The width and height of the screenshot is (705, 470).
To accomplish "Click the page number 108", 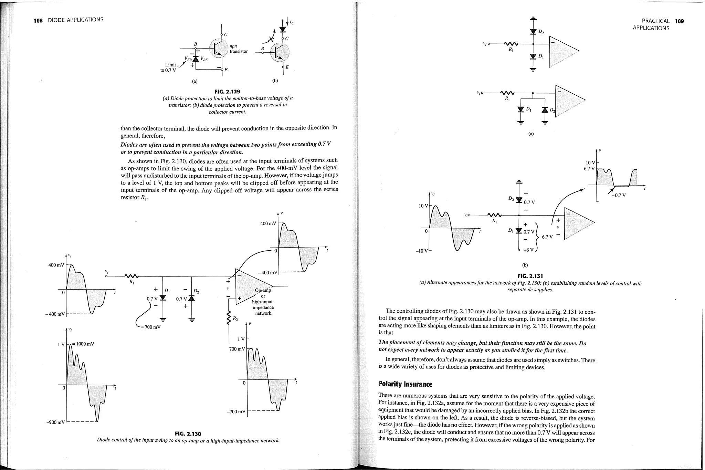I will click(x=38, y=20).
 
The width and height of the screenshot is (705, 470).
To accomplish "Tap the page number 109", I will click(x=679, y=21).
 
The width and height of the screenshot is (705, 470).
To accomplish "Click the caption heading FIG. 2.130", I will click(x=188, y=434).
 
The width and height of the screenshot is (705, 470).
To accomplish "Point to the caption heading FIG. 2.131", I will click(x=530, y=276).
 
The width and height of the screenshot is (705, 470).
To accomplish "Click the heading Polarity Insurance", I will click(x=405, y=384).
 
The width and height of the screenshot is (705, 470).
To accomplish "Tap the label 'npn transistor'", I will click(x=238, y=49).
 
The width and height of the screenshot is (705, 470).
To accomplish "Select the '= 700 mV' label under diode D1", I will click(x=150, y=327).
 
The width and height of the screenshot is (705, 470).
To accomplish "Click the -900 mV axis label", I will click(x=55, y=422).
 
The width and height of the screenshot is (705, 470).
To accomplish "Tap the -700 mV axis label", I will click(x=236, y=411).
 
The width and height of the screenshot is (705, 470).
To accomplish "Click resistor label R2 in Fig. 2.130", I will click(x=235, y=318).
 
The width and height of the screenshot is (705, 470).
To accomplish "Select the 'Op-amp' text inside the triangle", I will click(x=263, y=290).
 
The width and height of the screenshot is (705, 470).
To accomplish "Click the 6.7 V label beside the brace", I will click(x=547, y=237).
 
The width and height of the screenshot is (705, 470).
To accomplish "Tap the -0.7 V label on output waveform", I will click(x=619, y=195).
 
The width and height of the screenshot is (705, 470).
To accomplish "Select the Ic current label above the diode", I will click(x=292, y=22).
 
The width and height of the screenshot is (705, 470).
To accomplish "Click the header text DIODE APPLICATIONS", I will click(x=75, y=20).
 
